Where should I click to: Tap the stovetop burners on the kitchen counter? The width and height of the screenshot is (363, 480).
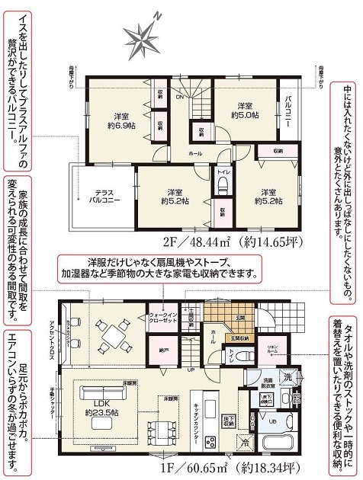(x=210, y=440)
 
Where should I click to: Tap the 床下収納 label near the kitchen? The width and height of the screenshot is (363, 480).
(x=228, y=418)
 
